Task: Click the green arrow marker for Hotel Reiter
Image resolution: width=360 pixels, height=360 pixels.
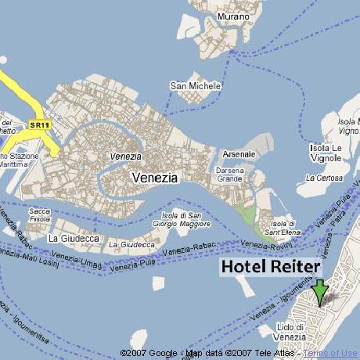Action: coord(319,292)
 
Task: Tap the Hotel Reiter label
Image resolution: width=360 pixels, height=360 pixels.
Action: coord(270,267)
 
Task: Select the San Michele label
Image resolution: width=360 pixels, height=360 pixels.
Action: coord(195,85)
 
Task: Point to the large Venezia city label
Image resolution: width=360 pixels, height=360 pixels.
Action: coord(154,178)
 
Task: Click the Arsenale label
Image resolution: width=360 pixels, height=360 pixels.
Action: coord(238,155)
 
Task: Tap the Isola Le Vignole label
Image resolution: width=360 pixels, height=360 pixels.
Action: coord(326,153)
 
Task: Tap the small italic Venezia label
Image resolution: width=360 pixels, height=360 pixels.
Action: coord(125,156)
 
